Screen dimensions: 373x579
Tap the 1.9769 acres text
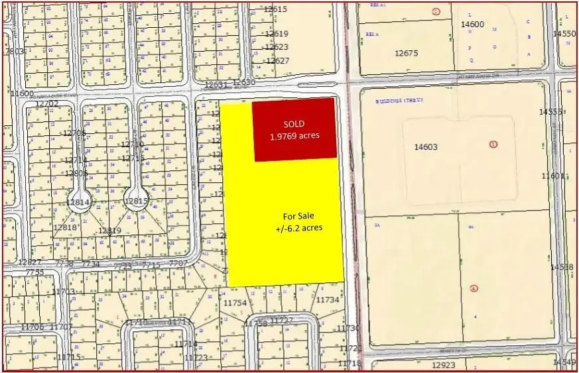coord(294,136)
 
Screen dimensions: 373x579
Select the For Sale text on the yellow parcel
coord(298,216)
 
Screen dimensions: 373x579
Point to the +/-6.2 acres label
coord(299,227)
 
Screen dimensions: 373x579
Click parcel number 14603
coord(426,147)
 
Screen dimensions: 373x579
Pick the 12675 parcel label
coord(406,53)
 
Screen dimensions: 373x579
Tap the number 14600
coord(472,25)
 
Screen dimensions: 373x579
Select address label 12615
coord(275,9)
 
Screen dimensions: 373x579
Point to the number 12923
coord(444,364)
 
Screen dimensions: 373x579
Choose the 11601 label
coord(552,176)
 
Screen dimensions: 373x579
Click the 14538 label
coord(561,267)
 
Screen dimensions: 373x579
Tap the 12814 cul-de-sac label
coord(78,202)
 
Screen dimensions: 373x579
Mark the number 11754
coord(235,302)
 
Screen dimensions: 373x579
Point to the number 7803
coord(14,51)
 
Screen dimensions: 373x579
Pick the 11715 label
coord(68,356)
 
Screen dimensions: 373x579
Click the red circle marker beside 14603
coord(493,144)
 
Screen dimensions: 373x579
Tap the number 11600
coord(22,93)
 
